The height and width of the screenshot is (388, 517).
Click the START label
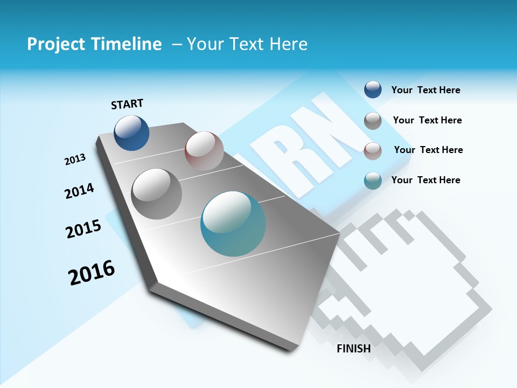click(127, 104)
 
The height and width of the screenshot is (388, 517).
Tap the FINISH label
click(354, 349)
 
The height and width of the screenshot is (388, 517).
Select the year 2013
click(75, 160)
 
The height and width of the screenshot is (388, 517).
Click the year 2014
click(80, 191)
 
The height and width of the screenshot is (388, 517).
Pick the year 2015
click(83, 229)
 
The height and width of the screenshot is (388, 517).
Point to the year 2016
click(92, 273)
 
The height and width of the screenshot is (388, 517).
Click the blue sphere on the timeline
click(132, 133)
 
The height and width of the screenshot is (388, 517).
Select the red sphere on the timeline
click(204, 150)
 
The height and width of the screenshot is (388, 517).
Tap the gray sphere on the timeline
click(157, 193)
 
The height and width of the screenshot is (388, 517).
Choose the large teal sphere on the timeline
click(234, 224)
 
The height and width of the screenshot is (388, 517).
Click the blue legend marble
click(373, 89)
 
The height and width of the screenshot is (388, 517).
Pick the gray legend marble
click(373, 120)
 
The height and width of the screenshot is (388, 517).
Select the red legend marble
click(373, 150)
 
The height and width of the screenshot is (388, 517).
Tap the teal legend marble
click(373, 181)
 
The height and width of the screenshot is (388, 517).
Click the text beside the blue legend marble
click(425, 90)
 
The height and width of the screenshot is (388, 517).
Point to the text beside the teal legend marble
click(425, 180)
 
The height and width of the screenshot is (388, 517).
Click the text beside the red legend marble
click(428, 150)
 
